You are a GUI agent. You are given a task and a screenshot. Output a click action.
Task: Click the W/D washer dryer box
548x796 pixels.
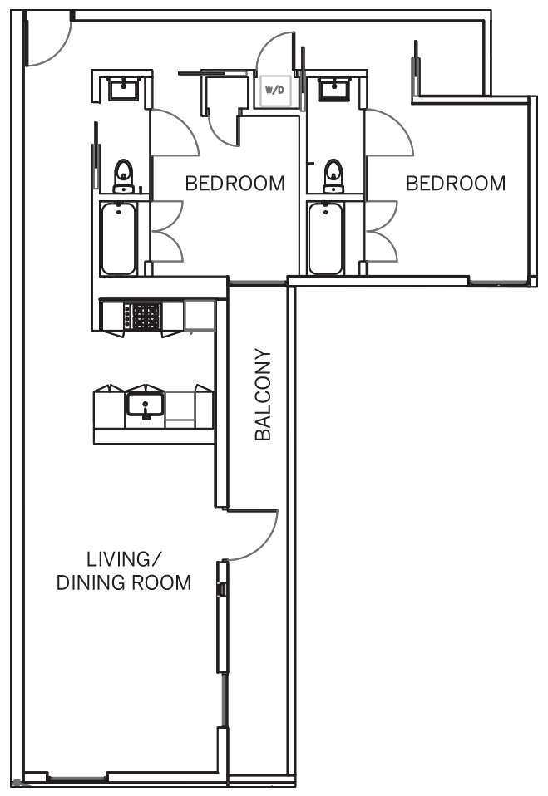click(x=274, y=91)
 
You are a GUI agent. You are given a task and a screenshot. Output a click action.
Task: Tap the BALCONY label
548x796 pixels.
click(x=263, y=395)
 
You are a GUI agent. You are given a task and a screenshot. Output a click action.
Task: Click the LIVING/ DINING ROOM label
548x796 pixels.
click(x=123, y=571)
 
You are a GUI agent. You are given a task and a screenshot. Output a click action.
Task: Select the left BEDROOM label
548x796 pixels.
click(x=235, y=184)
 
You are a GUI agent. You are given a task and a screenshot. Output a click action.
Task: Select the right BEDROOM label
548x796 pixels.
click(x=456, y=184)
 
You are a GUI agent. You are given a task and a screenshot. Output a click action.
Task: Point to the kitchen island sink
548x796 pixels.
click(x=145, y=404)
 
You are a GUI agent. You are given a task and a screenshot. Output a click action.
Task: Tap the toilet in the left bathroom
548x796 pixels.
click(x=123, y=176)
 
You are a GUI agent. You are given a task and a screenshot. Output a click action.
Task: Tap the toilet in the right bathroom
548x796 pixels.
click(x=333, y=176)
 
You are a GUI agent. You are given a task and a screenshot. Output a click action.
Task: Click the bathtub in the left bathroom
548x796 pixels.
click(x=118, y=238)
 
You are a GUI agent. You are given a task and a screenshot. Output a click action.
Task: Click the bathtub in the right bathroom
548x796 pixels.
click(x=325, y=238)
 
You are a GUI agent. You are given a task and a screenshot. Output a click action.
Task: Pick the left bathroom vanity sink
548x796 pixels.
click(x=123, y=89)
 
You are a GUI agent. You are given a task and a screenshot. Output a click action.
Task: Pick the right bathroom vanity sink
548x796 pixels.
click(x=333, y=89)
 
